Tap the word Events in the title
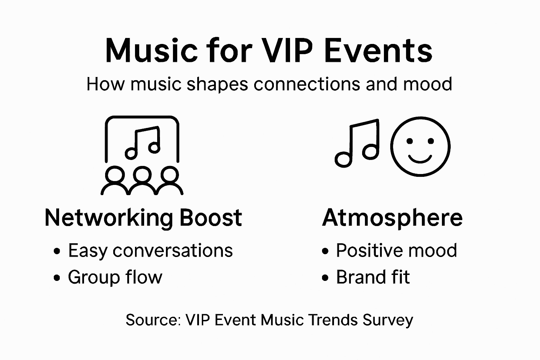378,51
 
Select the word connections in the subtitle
307,84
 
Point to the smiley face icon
420,146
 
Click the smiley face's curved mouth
420,159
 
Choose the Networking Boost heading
143,218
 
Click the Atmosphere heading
392,218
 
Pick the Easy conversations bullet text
150,251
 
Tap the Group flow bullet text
115,277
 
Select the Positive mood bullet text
397,251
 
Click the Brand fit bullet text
373,277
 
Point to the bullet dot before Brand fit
325,278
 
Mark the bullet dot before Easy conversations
57,251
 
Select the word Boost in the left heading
211,218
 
